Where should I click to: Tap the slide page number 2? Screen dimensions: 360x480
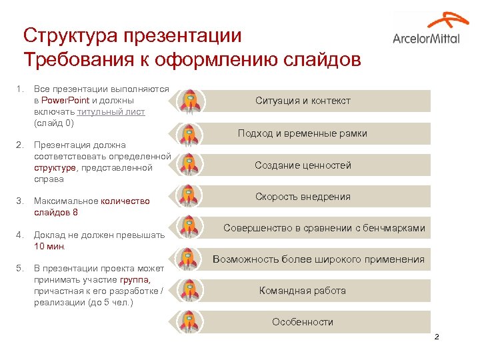click(x=437, y=338)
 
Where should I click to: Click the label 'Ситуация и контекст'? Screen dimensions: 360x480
click(x=302, y=101)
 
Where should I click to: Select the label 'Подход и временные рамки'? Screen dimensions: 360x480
click(x=302, y=133)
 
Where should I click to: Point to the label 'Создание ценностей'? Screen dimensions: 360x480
click(x=302, y=165)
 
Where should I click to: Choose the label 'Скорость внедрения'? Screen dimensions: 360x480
click(x=302, y=197)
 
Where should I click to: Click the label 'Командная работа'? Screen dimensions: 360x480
click(x=302, y=291)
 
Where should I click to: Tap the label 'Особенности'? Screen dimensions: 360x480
click(x=302, y=322)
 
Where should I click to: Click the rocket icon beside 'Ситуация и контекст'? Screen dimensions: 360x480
click(x=191, y=101)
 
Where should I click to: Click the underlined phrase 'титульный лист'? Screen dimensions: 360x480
click(x=111, y=112)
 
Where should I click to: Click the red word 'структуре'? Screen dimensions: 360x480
click(x=55, y=167)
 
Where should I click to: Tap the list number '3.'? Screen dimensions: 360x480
click(x=20, y=201)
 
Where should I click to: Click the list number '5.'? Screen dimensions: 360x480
click(x=20, y=268)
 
